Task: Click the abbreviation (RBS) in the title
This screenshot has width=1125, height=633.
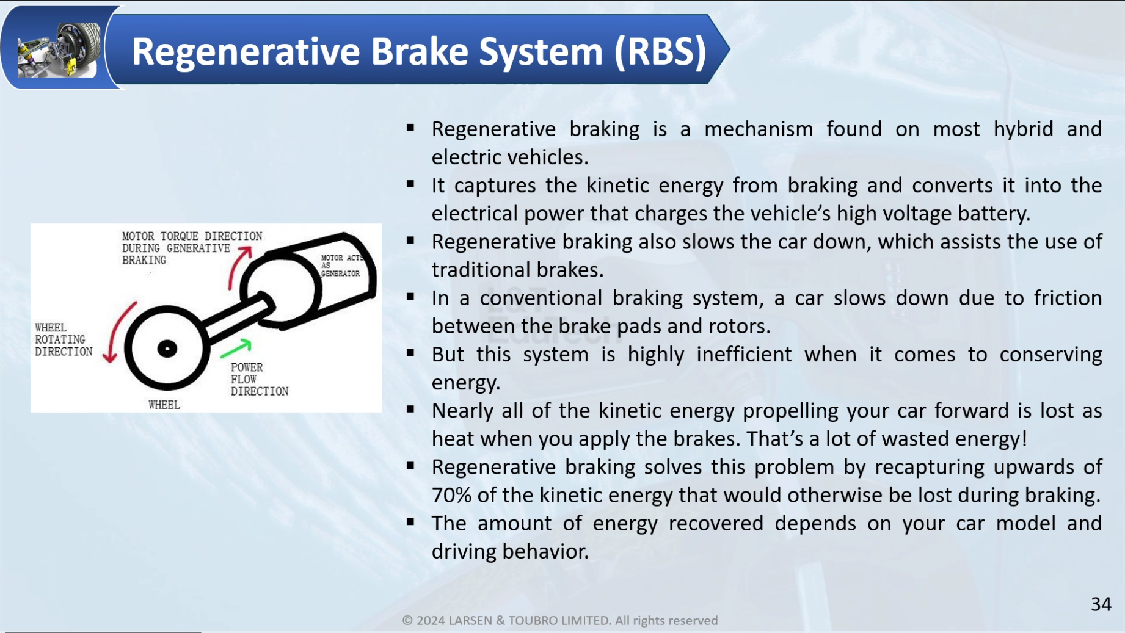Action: [660, 51]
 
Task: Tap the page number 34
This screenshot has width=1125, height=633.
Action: [1101, 604]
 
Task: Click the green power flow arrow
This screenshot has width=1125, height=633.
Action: [236, 349]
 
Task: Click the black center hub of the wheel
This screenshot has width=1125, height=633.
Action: [167, 349]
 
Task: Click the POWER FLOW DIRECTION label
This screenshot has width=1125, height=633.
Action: [259, 379]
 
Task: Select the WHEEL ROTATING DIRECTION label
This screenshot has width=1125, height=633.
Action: [64, 339]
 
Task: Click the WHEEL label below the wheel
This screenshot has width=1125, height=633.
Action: [164, 405]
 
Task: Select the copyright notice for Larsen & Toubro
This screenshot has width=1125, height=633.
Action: [560, 620]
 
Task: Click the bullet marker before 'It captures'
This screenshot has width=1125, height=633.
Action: [410, 184]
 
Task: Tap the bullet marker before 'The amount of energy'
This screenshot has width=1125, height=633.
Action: [410, 522]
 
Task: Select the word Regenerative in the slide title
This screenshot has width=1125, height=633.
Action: [246, 51]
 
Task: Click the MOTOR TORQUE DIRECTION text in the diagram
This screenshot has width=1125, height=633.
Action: [192, 236]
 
